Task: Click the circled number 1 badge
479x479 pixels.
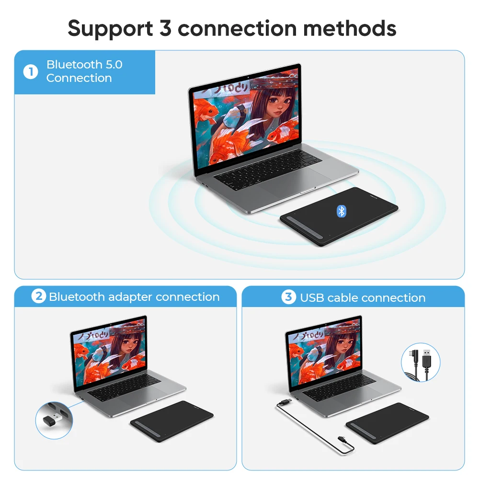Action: pos(31,72)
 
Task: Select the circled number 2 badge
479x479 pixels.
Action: pos(39,297)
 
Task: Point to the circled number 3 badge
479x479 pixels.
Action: pos(288,297)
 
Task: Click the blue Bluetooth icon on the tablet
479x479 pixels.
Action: pos(341,211)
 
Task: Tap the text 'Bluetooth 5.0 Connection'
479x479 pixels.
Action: pos(84,71)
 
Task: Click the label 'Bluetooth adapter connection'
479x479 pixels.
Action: pos(134,297)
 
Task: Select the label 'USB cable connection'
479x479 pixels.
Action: pos(363,298)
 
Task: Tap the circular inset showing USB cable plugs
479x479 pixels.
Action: pos(420,362)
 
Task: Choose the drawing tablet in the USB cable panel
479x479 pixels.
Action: pos(387,421)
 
